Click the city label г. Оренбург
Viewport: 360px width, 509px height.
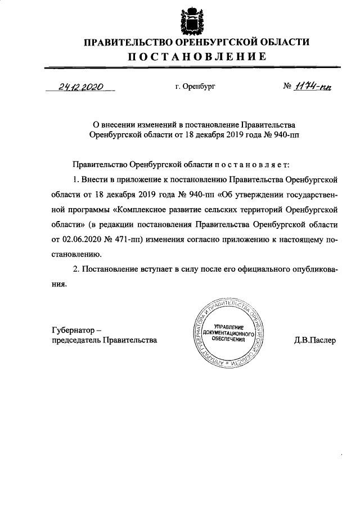(x=195, y=87)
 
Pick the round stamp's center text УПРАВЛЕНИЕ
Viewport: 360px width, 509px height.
(x=227, y=327)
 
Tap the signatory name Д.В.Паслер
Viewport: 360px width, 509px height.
(x=314, y=340)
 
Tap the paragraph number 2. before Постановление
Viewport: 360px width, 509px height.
(x=76, y=270)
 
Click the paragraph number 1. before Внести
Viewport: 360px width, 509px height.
(x=76, y=180)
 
